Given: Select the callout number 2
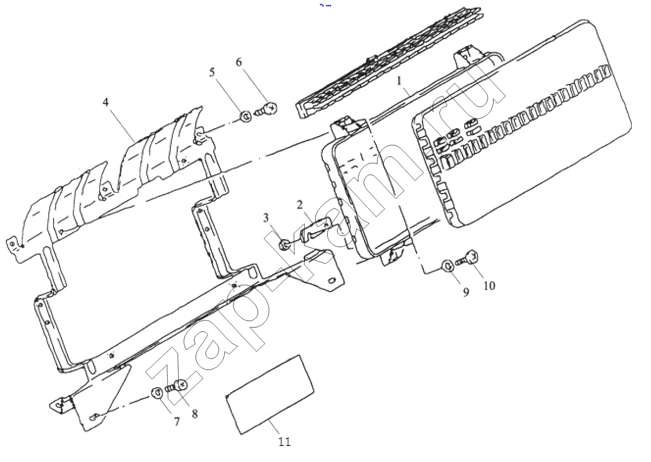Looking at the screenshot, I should [x=300, y=204].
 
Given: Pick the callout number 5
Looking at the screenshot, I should [x=213, y=72].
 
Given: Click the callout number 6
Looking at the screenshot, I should [x=239, y=62].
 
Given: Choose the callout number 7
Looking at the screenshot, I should [x=177, y=422].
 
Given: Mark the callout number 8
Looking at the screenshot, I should [x=194, y=414].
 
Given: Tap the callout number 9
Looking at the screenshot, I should [x=466, y=292].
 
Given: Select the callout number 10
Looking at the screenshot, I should [x=489, y=286].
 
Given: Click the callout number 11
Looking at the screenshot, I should [x=284, y=442].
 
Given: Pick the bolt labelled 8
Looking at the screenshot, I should [x=177, y=385].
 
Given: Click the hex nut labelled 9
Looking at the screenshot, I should [x=448, y=265].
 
